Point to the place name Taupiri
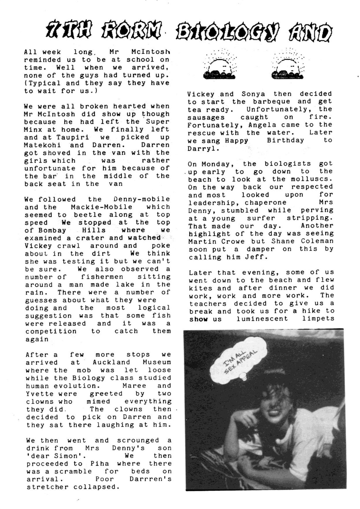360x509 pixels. click(72, 137)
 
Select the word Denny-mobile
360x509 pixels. click(142, 199)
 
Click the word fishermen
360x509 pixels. click(102, 277)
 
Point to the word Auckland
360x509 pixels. click(111, 362)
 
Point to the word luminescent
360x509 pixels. click(262, 319)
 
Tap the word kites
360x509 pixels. click(200, 288)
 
